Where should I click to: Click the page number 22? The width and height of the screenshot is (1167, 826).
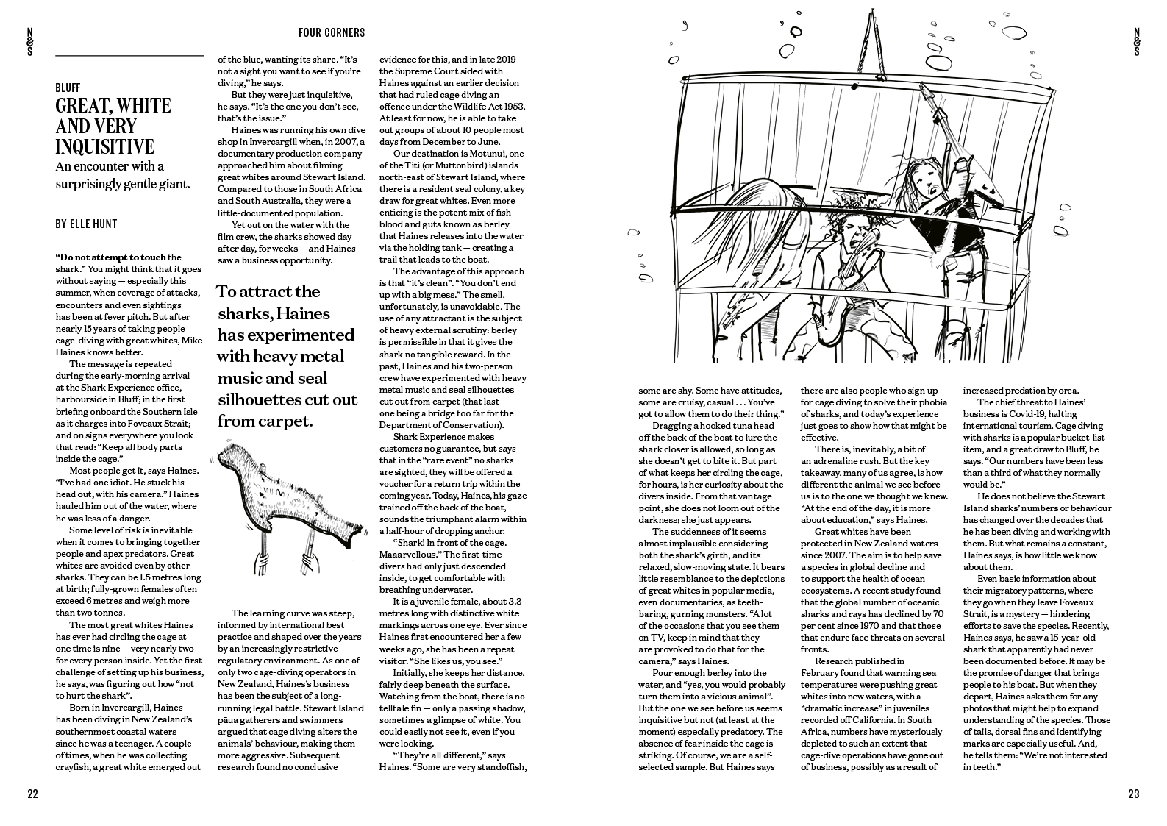tap(32, 794)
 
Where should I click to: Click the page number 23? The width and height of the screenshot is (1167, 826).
tap(1133, 794)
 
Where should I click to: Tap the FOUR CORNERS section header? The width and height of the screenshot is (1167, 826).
tap(332, 32)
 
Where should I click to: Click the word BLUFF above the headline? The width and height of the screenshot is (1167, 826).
tap(68, 88)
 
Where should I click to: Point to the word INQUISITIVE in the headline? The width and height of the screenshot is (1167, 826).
tap(104, 146)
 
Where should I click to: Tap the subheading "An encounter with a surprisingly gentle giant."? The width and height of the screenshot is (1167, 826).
tap(122, 175)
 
